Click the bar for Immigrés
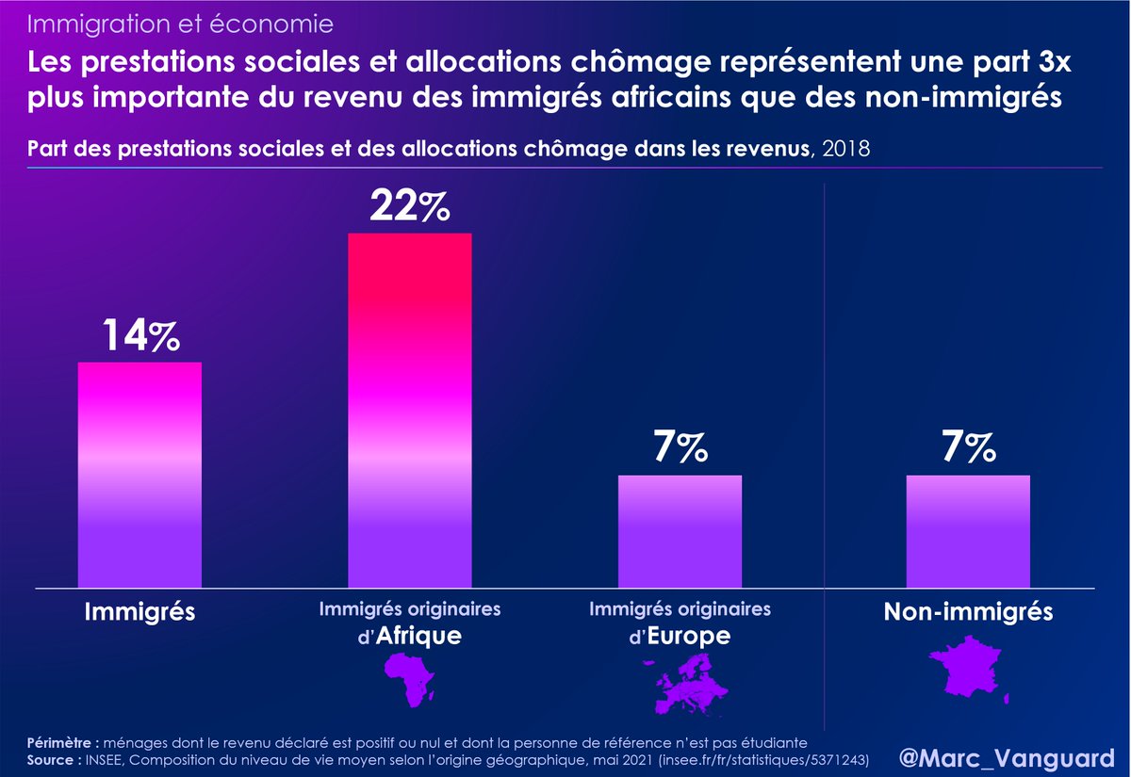(139, 476)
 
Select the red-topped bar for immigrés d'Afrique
(410, 411)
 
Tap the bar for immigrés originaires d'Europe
(680, 532)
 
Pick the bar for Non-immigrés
(968, 532)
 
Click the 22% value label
(409, 206)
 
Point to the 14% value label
(139, 336)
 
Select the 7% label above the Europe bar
(680, 449)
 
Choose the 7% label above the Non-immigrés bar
(968, 449)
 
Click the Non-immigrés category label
(968, 613)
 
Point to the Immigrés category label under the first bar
(139, 613)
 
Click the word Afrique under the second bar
(419, 637)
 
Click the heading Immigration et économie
(180, 21)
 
